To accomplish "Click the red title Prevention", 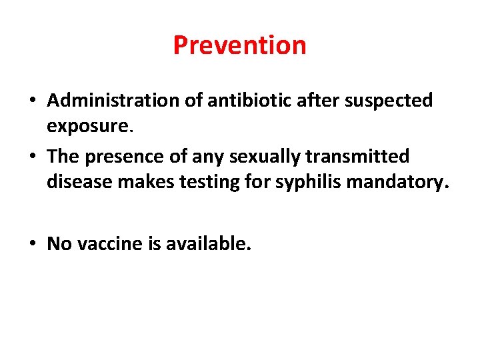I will coord(239,45).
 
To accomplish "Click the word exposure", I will coord(85,125).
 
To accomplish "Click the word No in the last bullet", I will coord(59,244).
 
